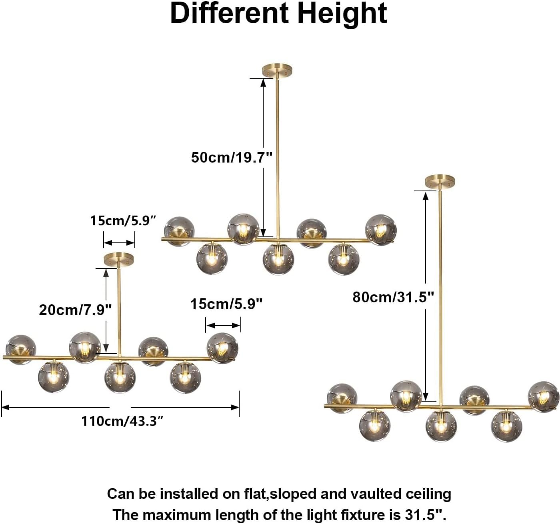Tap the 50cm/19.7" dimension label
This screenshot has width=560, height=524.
point(232,157)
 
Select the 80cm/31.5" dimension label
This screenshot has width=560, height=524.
point(393,297)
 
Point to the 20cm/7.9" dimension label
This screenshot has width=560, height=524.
point(75,310)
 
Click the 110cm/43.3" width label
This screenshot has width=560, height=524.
point(122,421)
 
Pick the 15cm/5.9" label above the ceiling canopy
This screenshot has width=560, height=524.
point(123,220)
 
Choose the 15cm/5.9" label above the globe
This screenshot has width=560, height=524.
point(226,304)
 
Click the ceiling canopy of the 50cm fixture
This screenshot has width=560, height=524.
point(277,70)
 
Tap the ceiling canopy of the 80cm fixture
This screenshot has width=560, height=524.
point(440,182)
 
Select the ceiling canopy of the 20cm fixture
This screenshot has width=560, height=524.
point(119,259)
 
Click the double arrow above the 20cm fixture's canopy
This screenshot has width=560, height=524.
point(119,243)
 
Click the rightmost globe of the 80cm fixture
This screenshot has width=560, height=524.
point(544,397)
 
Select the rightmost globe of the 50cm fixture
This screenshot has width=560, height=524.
point(381,230)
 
